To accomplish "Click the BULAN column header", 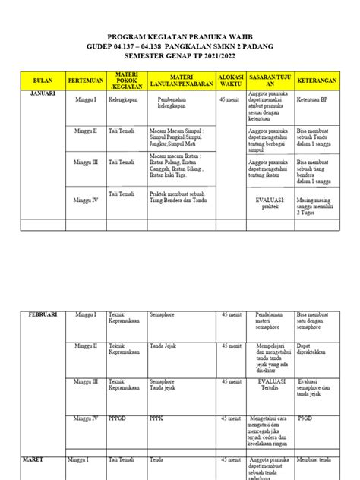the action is point(39,79).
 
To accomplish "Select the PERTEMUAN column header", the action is point(85,79).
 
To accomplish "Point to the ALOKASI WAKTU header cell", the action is point(232,79).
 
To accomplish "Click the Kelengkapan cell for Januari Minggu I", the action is point(126,99).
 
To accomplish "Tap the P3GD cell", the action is point(308,418).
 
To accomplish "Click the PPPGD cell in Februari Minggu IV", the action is point(118,418).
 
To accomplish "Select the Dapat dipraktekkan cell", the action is point(315,351).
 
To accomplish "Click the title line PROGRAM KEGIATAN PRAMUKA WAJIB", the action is point(179,36).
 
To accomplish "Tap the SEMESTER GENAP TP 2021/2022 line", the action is point(179,55).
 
